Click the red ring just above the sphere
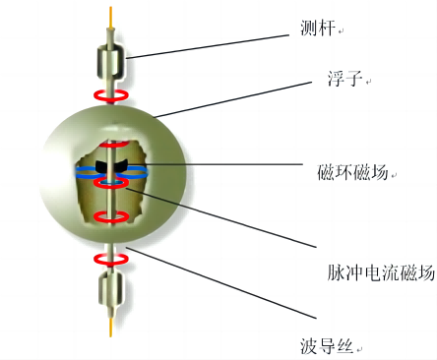pyautogui.click(x=111, y=95)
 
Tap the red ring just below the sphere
pyautogui.click(x=111, y=259)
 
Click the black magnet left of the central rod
pyautogui.click(x=97, y=165)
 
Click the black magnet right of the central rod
pyautogui.click(x=125, y=165)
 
